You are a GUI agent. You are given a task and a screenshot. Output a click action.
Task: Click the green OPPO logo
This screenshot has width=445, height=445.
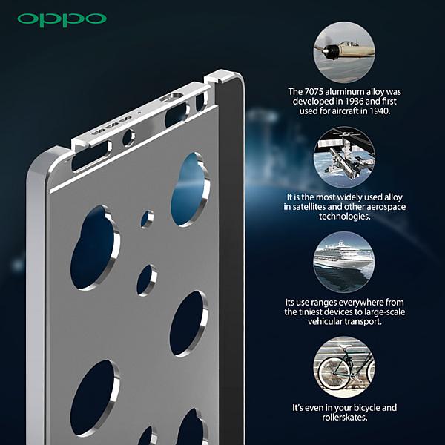(62, 20)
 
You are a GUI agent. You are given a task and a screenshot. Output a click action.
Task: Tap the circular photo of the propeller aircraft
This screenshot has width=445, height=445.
(344, 53)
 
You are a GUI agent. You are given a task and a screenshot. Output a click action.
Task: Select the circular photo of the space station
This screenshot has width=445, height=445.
(344, 157)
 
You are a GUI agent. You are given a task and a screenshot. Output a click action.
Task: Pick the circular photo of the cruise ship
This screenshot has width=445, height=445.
(344, 262)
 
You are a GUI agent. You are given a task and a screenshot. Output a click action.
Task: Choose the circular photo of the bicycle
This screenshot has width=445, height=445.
(344, 367)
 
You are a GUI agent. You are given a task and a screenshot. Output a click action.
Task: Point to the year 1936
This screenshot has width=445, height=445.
(355, 102)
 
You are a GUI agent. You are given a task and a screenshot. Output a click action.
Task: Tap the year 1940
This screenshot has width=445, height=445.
(380, 111)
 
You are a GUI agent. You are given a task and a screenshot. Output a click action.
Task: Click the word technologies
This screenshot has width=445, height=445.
(345, 217)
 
